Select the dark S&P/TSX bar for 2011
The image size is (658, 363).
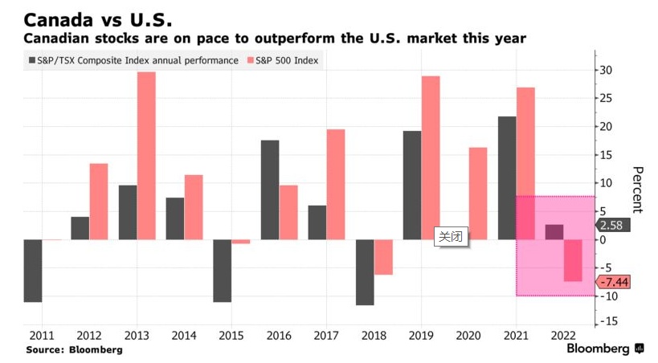[32, 271]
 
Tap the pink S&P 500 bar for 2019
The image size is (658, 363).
[431, 157]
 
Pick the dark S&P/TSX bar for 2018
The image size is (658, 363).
[365, 272]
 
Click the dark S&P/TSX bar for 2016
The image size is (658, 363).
[270, 190]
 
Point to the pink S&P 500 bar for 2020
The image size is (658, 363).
[478, 193]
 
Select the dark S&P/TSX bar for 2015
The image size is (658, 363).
[223, 271]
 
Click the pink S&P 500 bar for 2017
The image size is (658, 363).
[336, 184]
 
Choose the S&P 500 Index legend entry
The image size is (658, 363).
[286, 60]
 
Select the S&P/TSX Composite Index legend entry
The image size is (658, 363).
[133, 60]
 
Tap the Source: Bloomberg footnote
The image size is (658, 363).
[74, 350]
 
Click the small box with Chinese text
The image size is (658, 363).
[450, 236]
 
